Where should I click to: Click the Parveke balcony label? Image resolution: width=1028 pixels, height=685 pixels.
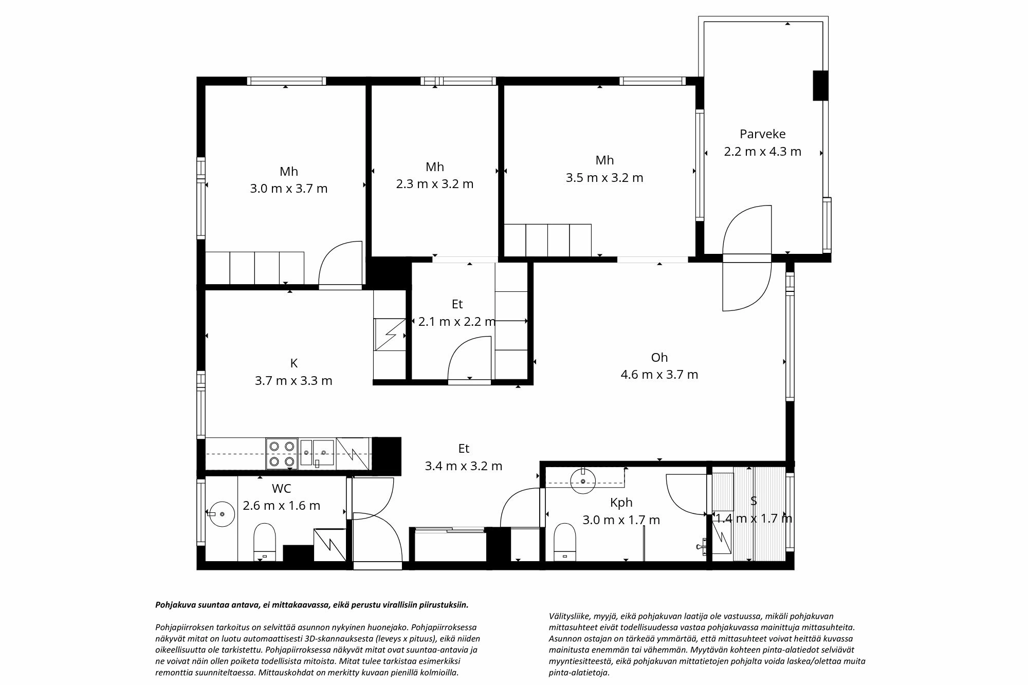click(762, 134)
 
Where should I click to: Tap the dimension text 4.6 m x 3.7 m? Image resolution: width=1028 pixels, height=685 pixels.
click(659, 375)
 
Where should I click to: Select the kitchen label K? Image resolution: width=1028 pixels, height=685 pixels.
click(293, 363)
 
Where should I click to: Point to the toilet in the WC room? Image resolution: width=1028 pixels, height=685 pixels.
click(265, 541)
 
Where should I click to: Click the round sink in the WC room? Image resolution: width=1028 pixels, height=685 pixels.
click(221, 513)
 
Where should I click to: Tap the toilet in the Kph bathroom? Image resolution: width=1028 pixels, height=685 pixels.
click(564, 541)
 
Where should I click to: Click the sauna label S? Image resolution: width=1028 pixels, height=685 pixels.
click(754, 501)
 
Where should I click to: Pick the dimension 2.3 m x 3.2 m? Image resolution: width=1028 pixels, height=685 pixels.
click(434, 184)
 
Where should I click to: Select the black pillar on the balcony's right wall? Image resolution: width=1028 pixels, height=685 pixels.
click(820, 85)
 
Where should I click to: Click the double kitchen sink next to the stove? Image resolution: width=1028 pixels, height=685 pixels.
click(317, 453)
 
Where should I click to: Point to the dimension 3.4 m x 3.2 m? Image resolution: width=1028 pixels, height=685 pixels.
click(463, 466)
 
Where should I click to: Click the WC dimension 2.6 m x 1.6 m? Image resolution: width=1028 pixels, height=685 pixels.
click(281, 506)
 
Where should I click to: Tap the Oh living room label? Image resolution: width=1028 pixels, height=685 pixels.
click(659, 358)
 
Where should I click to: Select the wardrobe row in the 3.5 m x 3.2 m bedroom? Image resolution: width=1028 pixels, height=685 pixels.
click(547, 240)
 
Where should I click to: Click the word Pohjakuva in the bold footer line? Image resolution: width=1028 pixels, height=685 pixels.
click(173, 605)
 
